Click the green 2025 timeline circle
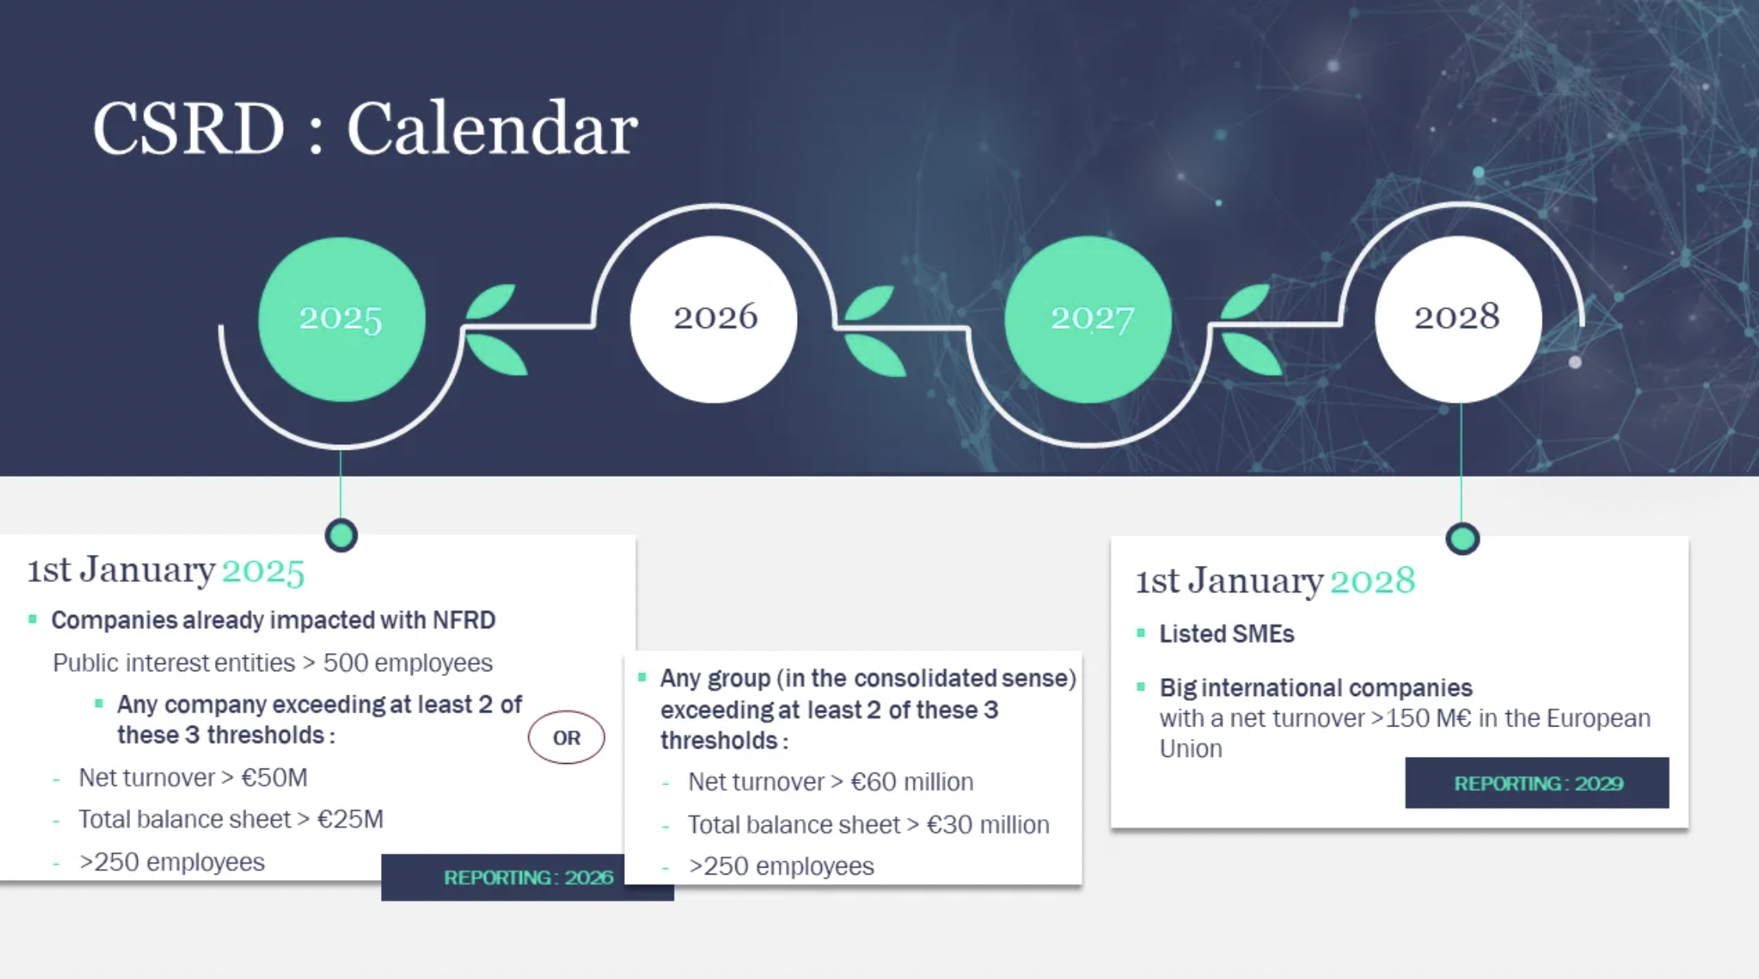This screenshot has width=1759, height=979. pos(342,319)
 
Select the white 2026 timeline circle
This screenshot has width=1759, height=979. pos(714,319)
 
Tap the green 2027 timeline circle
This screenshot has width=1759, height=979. pos(1088,319)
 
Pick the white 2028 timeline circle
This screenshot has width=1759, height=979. pos(1458,319)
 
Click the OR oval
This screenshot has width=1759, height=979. pos(566,737)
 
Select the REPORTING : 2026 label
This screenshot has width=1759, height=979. pos(528,878)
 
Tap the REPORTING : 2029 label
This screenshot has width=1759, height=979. pos(1537,783)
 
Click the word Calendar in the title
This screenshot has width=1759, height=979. pos(492,129)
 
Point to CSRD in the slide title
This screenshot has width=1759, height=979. pos(189,129)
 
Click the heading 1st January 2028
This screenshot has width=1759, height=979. pos(1275,581)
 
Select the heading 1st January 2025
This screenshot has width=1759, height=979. pos(166,570)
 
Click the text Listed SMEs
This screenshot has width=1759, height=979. pos(1227,634)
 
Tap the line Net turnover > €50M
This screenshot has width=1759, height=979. pos(193,777)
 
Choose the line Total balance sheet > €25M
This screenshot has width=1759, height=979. pos(231,819)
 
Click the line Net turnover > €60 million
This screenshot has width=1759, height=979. pos(830,782)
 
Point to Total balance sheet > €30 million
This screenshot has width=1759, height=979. pos(869,825)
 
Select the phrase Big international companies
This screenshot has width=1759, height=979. pos(1316,687)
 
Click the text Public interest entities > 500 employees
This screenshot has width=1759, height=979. pos(273,663)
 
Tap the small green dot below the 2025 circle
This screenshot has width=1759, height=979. pos(341,535)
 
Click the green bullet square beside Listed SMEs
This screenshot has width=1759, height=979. pos(1141,633)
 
